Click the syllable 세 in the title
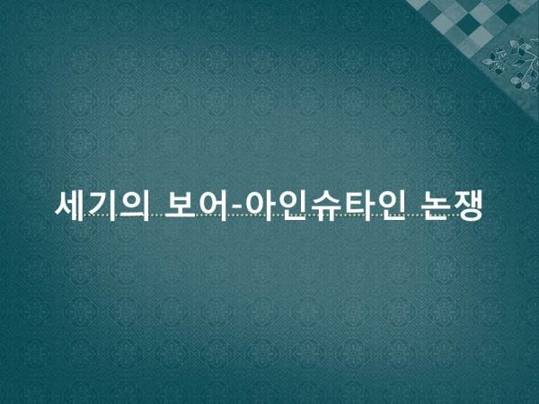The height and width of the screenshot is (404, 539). pyautogui.click(x=69, y=206)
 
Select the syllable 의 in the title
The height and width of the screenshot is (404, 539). pyautogui.click(x=135, y=206)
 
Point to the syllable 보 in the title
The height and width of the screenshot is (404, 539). pyautogui.click(x=180, y=206)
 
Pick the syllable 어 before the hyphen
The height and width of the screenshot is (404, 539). pyautogui.click(x=211, y=206)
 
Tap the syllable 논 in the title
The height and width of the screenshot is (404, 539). pyautogui.click(x=435, y=206)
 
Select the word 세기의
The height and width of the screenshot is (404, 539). pyautogui.click(x=102, y=206)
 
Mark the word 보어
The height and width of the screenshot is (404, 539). pyautogui.click(x=195, y=206)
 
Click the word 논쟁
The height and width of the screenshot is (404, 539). pyautogui.click(x=452, y=206)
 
